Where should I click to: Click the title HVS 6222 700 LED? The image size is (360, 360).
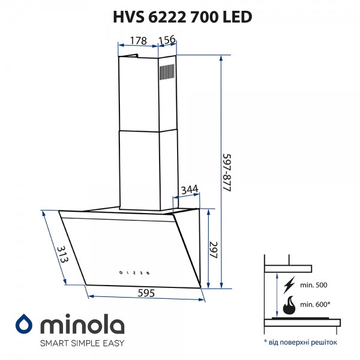point(180,16)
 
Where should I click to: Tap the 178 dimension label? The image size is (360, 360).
point(138,41)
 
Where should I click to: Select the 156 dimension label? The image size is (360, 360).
point(167,41)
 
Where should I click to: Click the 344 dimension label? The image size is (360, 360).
point(189,190)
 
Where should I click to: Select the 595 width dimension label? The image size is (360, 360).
point(147,293)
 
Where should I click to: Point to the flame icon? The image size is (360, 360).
point(289,304)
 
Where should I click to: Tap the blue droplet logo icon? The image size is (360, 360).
point(25,323)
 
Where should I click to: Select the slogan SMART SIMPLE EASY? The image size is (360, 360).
point(82,344)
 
